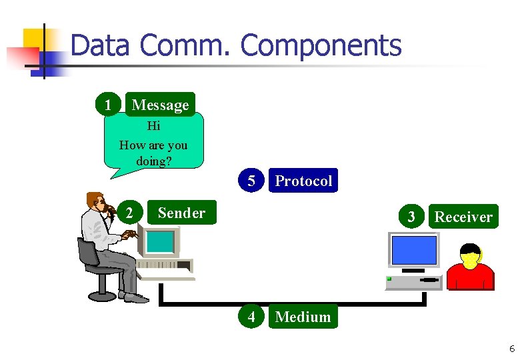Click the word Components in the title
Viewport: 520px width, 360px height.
[x=321, y=46]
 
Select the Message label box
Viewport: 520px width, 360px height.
[x=160, y=105]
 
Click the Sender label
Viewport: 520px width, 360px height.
[x=181, y=213]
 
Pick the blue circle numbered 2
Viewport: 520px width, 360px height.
[x=129, y=213]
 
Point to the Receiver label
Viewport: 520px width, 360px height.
[x=463, y=217]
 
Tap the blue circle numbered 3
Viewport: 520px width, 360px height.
[x=411, y=217]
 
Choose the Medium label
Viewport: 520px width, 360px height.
[x=303, y=317]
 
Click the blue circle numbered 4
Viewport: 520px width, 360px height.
[x=251, y=317]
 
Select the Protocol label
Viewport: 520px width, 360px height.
[x=303, y=181]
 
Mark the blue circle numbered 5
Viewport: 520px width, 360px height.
[x=251, y=181]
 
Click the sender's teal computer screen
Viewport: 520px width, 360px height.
[x=160, y=241]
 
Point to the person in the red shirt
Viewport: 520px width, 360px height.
[x=470, y=269]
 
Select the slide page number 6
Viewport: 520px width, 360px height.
[x=511, y=349]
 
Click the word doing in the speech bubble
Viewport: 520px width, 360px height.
[x=153, y=161]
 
